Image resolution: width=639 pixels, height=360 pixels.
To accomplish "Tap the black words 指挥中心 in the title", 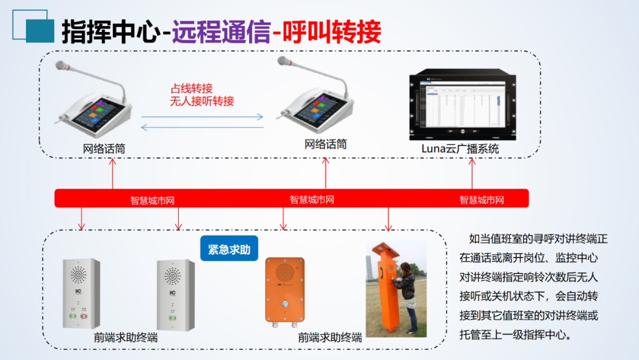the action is click(x=111, y=32).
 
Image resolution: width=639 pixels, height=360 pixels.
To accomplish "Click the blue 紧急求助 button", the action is click(x=229, y=249).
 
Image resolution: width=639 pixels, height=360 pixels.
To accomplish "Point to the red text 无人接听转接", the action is click(x=202, y=101).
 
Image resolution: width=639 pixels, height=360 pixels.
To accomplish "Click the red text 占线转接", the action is click(x=191, y=89).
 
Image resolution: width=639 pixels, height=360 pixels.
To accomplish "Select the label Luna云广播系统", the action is click(x=460, y=149).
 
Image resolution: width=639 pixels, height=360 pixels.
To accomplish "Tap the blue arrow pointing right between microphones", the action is click(x=202, y=117).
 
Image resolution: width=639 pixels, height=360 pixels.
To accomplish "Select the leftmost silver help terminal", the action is click(x=81, y=294).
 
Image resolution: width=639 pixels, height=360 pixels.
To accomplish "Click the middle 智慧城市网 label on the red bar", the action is click(x=312, y=200).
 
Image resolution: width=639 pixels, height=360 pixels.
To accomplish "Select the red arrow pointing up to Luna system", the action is click(x=472, y=174).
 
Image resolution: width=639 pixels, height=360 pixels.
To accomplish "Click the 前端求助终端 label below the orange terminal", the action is click(x=330, y=338).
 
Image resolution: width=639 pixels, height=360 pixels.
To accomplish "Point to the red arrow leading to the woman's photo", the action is click(x=388, y=219).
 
